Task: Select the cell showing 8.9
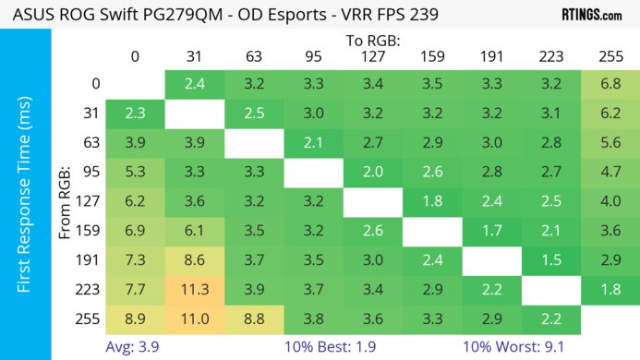135,318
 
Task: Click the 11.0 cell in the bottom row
195,318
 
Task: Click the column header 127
371,56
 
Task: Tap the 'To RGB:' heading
371,41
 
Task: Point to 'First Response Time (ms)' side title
25,198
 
